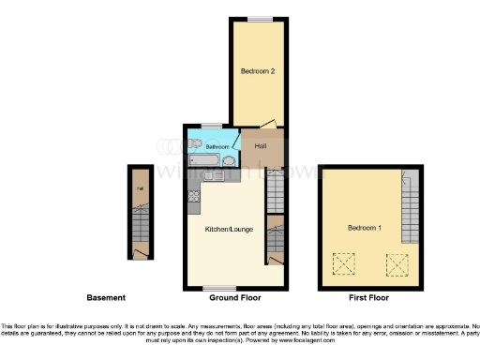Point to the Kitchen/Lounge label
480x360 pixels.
click(228, 228)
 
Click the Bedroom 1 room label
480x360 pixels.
click(362, 228)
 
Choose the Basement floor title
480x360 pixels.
click(106, 297)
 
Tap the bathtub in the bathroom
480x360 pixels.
click(205, 161)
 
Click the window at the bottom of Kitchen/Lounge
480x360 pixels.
click(221, 286)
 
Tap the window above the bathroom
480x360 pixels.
click(211, 126)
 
